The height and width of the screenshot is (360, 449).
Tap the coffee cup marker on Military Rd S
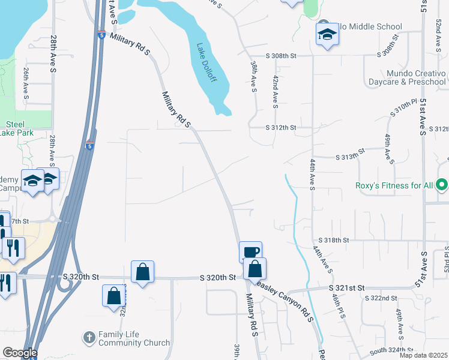pos(250,252)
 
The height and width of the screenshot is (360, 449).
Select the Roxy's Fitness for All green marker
pos(442,185)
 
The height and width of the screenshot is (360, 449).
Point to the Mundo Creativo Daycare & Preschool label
pos(408,77)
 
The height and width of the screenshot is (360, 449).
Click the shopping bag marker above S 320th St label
pos(143,272)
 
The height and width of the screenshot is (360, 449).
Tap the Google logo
pos(19,353)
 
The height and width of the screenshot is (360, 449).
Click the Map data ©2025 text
pos(423,355)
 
